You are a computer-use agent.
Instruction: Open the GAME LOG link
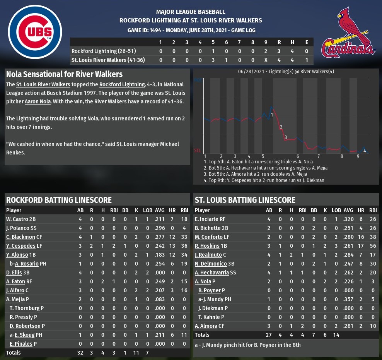[243, 30]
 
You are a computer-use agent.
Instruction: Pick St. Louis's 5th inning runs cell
[213, 60]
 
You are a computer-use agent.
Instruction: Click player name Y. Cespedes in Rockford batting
[19, 246]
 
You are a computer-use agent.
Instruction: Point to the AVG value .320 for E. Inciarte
[348, 219]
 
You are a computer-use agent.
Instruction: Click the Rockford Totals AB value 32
[80, 353]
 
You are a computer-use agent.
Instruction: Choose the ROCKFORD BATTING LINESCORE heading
[59, 200]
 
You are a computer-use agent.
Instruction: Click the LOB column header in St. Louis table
[336, 210]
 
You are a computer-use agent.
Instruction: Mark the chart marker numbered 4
[365, 151]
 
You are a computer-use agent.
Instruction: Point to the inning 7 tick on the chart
[318, 156]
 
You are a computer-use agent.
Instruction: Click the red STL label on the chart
[197, 150]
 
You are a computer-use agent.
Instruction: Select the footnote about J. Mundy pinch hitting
[247, 345]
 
